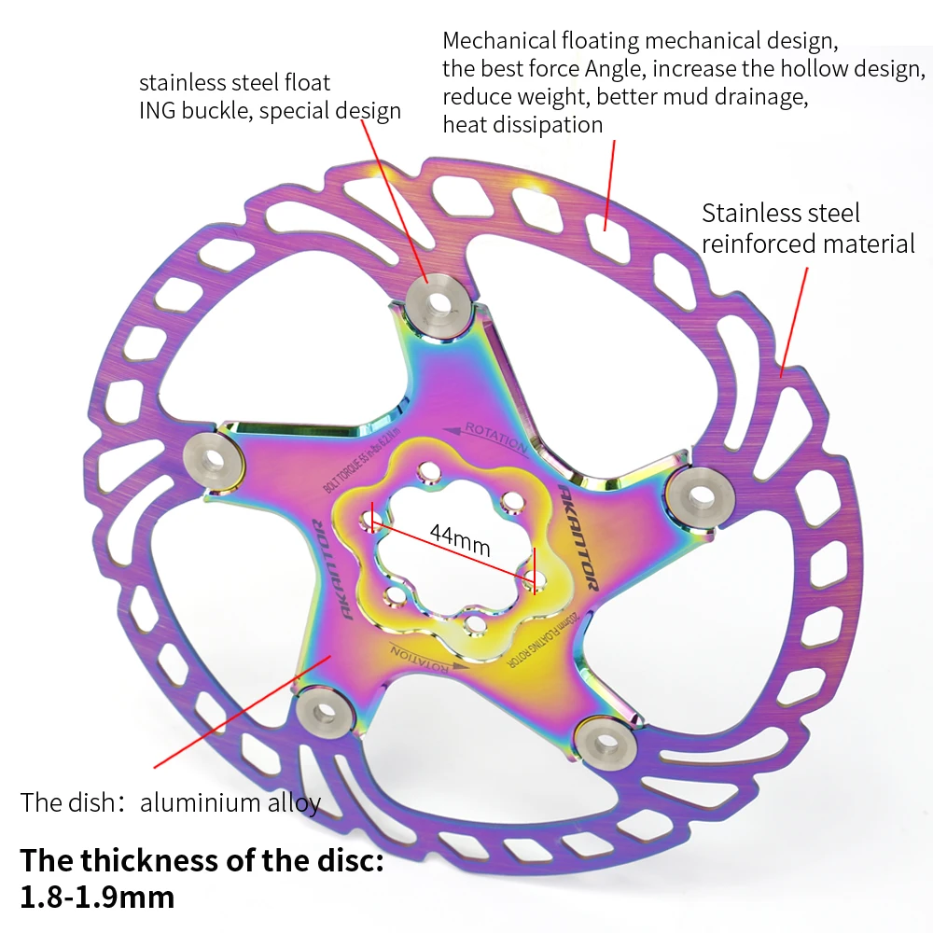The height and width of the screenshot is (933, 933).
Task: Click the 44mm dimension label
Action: coord(459,539)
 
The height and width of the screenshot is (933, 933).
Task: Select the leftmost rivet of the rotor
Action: coord(216,457)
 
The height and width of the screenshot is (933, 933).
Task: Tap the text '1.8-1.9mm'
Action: coord(97,897)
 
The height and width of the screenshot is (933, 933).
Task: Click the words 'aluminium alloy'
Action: coord(230,802)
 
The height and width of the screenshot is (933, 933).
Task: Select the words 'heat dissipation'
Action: coord(522,124)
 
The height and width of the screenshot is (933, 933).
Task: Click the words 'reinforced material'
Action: coord(808,244)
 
